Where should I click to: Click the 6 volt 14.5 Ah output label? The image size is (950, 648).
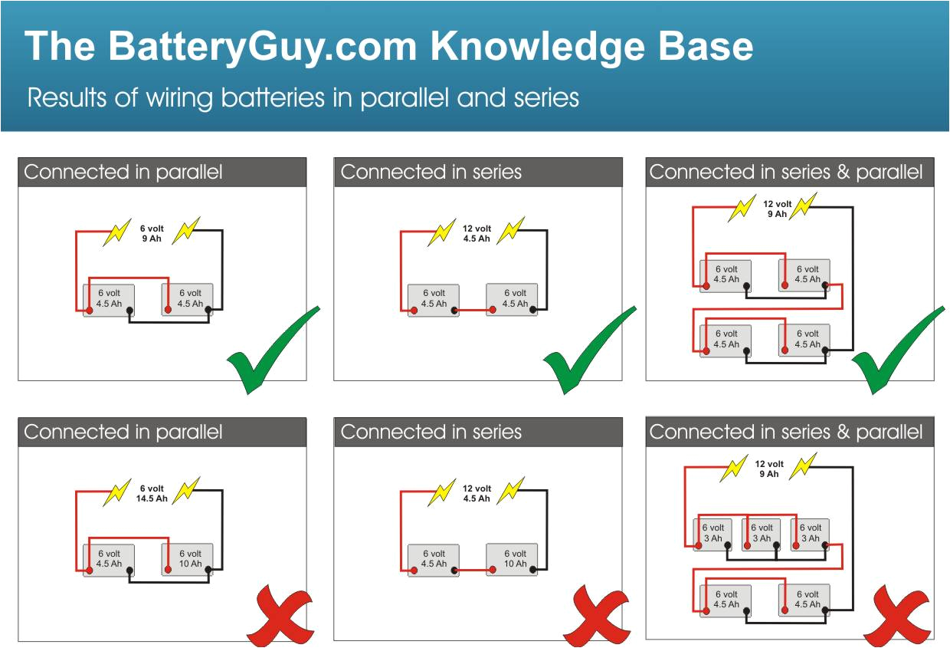[151, 494]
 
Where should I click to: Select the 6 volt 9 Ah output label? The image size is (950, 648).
[151, 234]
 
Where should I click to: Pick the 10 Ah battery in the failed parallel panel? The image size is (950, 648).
[188, 559]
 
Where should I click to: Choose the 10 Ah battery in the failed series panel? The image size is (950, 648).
[512, 559]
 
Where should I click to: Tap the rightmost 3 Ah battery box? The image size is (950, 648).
[810, 533]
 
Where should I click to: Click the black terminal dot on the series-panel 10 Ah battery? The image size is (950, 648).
[534, 570]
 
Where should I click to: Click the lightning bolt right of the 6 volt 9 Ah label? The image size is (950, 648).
[185, 230]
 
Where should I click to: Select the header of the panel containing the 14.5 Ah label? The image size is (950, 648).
[162, 433]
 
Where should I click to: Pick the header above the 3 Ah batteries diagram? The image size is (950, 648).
[790, 433]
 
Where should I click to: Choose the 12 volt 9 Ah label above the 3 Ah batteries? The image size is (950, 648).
[768, 469]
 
